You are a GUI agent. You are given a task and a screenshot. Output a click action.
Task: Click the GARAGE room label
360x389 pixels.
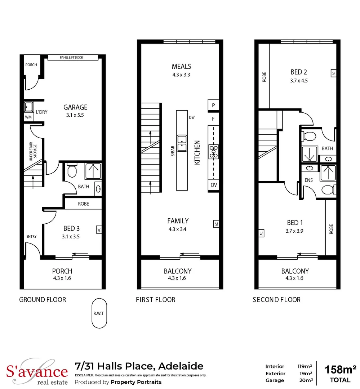(x=75, y=107)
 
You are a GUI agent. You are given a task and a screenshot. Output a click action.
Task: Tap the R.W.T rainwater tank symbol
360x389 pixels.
(x=99, y=313)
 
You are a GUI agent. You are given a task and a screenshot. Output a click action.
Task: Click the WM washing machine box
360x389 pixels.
(x=28, y=117)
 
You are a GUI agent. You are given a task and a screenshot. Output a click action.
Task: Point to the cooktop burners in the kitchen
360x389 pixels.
(x=213, y=152)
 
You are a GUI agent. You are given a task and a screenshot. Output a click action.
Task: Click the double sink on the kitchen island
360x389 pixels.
(x=182, y=143)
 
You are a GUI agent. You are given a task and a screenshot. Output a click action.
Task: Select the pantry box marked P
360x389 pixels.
(x=213, y=106)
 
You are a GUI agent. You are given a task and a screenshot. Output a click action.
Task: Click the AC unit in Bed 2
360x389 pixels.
(x=333, y=73)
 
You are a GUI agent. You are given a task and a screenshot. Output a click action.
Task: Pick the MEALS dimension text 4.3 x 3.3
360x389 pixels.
(x=181, y=75)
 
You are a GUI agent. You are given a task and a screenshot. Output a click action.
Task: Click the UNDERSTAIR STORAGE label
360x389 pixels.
(x=35, y=153)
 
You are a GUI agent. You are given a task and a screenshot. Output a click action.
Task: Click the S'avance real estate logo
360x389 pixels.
(x=37, y=372)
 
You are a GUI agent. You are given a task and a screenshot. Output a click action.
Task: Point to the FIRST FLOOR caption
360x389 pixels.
(x=155, y=300)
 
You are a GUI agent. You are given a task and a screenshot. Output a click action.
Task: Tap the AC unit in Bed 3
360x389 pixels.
(x=98, y=229)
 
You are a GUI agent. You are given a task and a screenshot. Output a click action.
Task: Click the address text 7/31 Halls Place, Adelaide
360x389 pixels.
(x=139, y=366)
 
